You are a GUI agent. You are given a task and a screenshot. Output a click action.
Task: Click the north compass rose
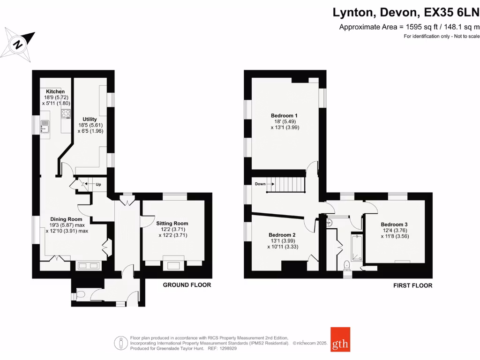point(19,45)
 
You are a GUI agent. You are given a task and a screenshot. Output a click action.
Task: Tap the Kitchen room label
point(55,92)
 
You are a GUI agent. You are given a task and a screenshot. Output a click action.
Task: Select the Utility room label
point(90,119)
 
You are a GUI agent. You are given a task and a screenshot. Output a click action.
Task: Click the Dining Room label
point(66,219)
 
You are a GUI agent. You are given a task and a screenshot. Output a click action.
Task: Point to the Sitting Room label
point(172,223)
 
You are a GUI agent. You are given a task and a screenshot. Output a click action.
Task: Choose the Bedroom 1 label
point(284,115)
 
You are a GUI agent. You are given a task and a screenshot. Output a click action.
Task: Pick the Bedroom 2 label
point(282,235)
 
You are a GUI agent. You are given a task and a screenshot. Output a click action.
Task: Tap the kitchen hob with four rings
point(65,113)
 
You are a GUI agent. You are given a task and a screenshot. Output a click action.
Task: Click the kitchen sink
point(45,127)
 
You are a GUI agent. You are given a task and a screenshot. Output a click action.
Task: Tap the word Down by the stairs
point(261,184)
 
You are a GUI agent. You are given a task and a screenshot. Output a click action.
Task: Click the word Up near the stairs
point(98,185)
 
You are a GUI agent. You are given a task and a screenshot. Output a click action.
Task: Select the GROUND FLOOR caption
point(187,285)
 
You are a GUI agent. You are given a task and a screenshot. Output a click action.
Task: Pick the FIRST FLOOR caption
point(412,285)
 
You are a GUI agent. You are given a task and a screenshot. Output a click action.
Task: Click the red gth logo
point(340,339)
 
